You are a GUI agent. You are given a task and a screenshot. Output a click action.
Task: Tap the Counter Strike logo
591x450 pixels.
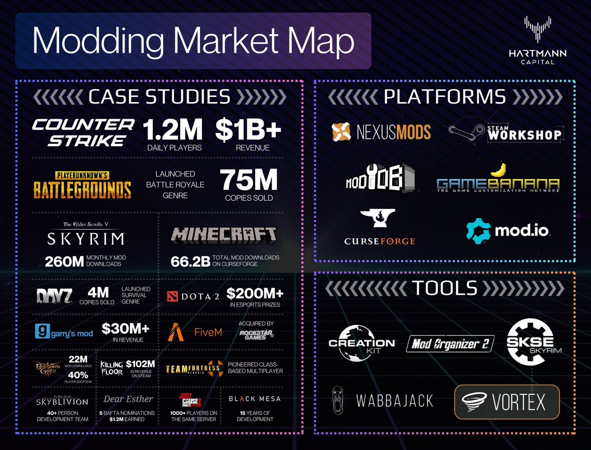click(83, 132)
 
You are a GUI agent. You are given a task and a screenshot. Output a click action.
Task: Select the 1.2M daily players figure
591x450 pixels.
click(172, 130)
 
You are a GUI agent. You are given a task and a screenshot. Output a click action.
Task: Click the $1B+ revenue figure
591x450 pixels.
click(248, 130)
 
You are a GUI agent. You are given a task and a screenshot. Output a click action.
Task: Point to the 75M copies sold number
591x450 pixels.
click(249, 181)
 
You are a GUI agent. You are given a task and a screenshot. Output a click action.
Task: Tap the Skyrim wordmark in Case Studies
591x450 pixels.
click(86, 239)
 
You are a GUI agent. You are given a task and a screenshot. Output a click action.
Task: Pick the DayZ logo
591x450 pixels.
click(54, 296)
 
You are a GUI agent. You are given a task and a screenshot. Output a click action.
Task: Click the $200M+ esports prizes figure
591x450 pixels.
click(255, 294)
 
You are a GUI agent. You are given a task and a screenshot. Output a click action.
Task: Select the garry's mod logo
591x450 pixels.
click(65, 333)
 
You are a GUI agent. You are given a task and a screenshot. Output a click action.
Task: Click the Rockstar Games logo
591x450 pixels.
click(256, 334)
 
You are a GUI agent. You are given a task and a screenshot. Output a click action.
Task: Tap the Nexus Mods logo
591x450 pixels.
click(381, 132)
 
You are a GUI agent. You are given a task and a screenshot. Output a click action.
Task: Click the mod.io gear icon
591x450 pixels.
click(477, 230)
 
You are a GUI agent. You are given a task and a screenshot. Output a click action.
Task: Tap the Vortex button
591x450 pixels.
click(507, 402)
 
